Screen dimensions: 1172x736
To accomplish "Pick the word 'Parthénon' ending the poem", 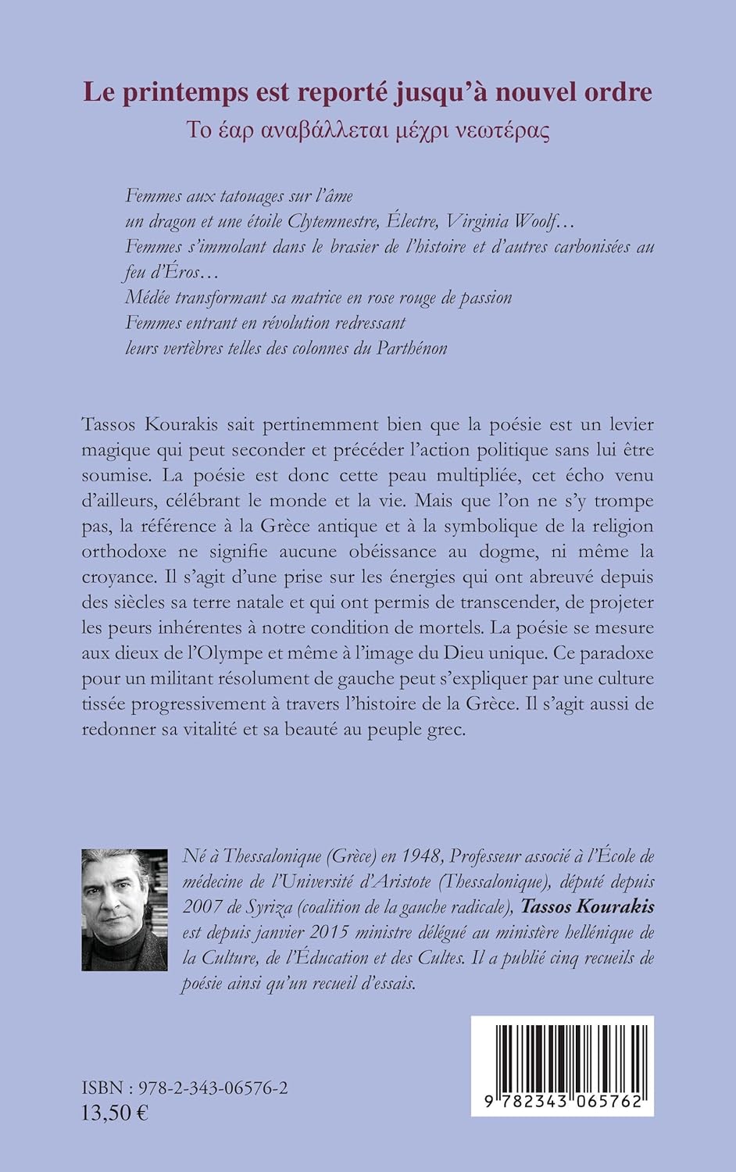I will click(410, 348).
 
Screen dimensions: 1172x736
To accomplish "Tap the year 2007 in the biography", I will click(204, 907).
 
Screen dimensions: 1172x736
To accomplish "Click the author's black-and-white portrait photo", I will click(125, 910).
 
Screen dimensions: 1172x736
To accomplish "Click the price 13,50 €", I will click(115, 1113).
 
